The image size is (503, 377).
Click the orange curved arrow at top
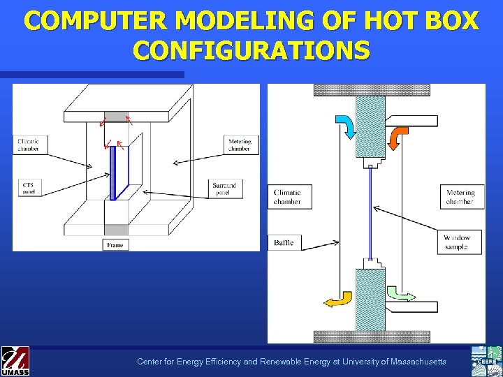(x=399, y=135)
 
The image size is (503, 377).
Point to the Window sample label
(x=457, y=242)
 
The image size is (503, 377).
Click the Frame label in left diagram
(x=115, y=244)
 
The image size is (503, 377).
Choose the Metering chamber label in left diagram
(x=239, y=145)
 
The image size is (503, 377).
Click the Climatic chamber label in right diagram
(x=289, y=197)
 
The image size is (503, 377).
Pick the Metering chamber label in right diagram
(x=460, y=197)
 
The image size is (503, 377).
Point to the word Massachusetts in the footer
(x=412, y=362)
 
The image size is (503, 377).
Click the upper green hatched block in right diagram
(x=370, y=126)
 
